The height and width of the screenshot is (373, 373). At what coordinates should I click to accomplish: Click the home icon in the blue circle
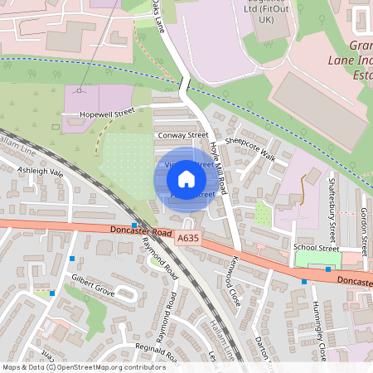[186, 178]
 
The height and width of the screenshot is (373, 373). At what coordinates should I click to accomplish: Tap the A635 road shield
[187, 239]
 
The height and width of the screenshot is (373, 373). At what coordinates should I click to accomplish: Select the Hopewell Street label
[107, 112]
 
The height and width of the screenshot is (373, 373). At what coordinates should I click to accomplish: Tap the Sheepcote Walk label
[255, 148]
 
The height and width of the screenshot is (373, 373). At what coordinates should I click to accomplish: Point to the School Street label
[317, 248]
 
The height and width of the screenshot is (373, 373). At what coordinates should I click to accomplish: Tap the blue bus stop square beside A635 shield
[134, 225]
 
